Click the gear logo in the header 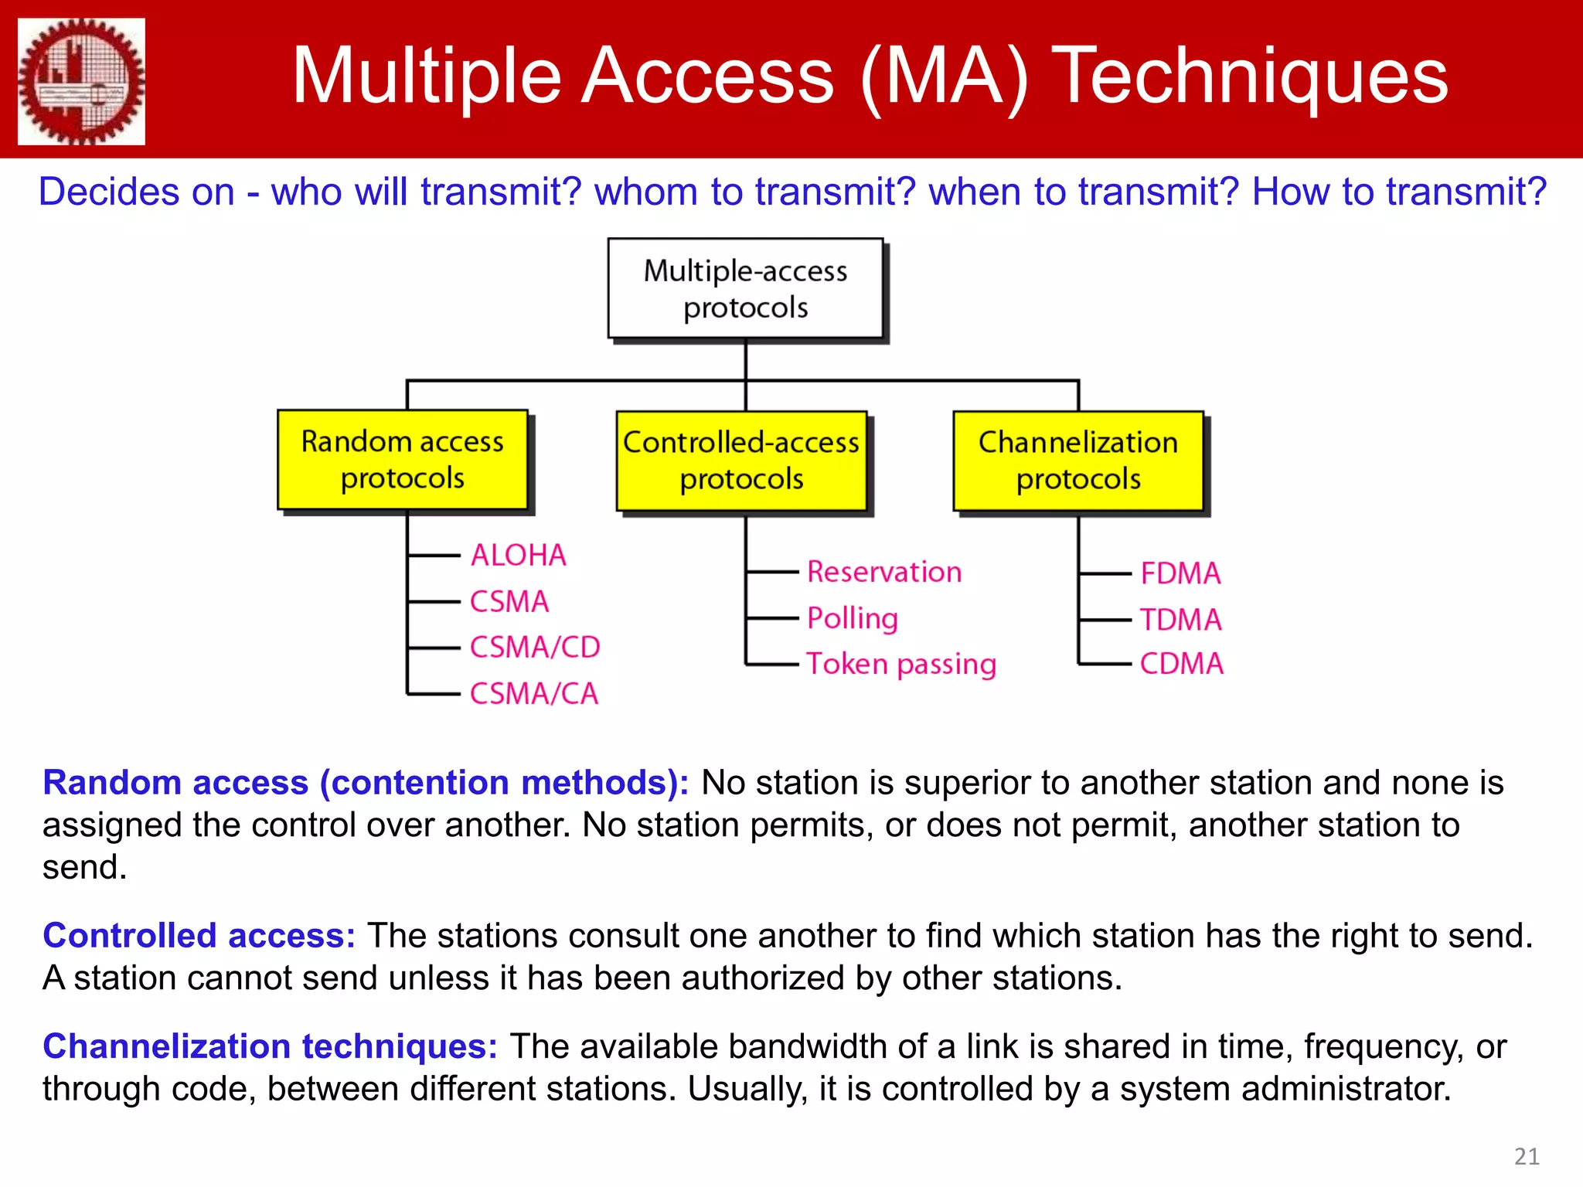tap(81, 81)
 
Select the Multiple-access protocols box tap(745, 288)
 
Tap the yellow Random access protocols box tap(402, 460)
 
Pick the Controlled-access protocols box tap(741, 461)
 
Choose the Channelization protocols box tap(1078, 461)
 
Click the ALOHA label tap(519, 555)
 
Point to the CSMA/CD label tap(535, 647)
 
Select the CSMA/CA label tap(534, 693)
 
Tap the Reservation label tap(884, 572)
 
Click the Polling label tap(853, 618)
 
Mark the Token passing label tap(901, 664)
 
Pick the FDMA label tap(1180, 573)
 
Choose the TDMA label tap(1180, 620)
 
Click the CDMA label tap(1182, 664)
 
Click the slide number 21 tap(1526, 1156)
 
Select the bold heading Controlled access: tap(199, 935)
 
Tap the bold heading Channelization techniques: tap(270, 1046)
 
